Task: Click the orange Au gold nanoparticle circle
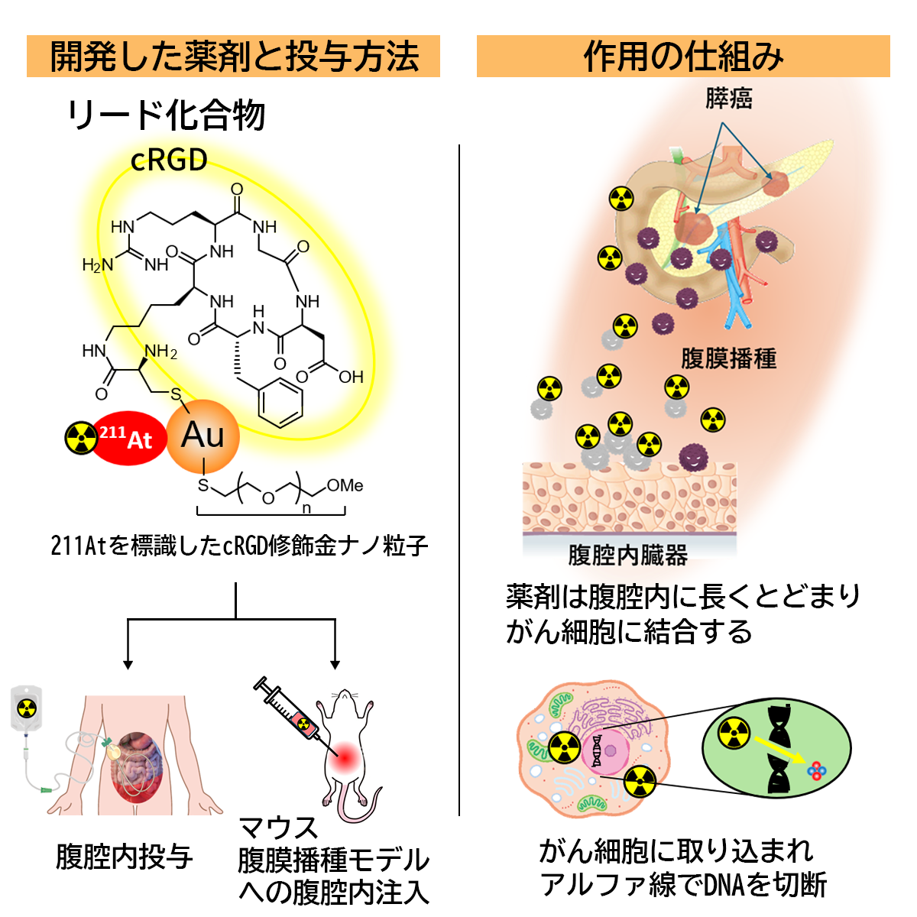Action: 203,436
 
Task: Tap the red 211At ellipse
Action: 128,438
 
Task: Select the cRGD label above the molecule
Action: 169,160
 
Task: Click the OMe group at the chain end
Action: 345,485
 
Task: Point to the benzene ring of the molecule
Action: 280,403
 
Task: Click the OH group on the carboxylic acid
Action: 351,377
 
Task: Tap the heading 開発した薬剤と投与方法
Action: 234,57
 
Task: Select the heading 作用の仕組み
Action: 683,57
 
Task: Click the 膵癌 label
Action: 728,99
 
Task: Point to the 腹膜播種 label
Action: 728,358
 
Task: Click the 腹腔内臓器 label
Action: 628,555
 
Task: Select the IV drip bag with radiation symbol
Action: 27,708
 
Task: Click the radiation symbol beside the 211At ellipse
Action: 81,438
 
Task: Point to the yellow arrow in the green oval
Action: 778,751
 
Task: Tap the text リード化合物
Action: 167,115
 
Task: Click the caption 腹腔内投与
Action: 125,857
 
